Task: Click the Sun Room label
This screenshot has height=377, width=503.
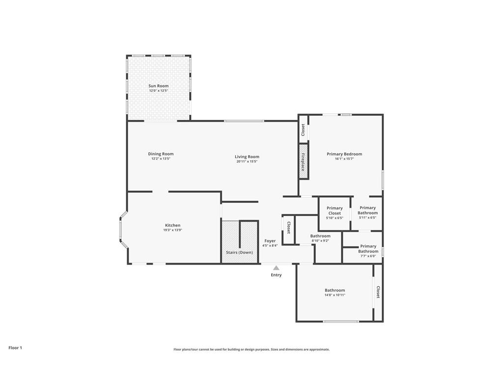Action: click(x=159, y=86)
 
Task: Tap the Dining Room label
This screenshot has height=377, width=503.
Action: click(x=161, y=154)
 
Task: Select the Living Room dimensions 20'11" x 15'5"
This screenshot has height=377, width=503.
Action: click(x=247, y=162)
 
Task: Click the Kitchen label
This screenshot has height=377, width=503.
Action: click(x=172, y=225)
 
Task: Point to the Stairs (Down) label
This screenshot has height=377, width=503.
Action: click(x=239, y=252)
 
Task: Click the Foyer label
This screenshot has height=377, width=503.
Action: click(x=270, y=241)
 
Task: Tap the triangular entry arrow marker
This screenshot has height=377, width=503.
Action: click(x=276, y=268)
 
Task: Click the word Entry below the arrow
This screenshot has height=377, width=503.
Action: click(x=276, y=275)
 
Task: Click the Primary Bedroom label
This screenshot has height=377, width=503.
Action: click(x=344, y=154)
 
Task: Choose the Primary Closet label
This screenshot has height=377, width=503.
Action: click(x=335, y=211)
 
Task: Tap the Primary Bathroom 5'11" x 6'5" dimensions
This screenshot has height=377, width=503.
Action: click(x=367, y=217)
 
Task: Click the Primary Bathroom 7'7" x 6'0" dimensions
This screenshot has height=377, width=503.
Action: click(x=368, y=256)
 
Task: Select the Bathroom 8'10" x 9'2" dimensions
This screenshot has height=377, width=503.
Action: click(x=320, y=241)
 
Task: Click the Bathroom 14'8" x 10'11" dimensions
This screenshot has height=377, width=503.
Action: click(x=335, y=295)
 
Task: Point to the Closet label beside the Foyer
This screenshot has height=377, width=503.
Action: click(x=288, y=228)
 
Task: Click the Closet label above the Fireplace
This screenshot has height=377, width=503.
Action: click(x=303, y=130)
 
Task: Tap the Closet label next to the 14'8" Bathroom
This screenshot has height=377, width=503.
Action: click(x=378, y=292)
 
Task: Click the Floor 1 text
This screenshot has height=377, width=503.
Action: click(x=15, y=348)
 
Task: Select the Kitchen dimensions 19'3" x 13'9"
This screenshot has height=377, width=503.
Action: click(x=172, y=230)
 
